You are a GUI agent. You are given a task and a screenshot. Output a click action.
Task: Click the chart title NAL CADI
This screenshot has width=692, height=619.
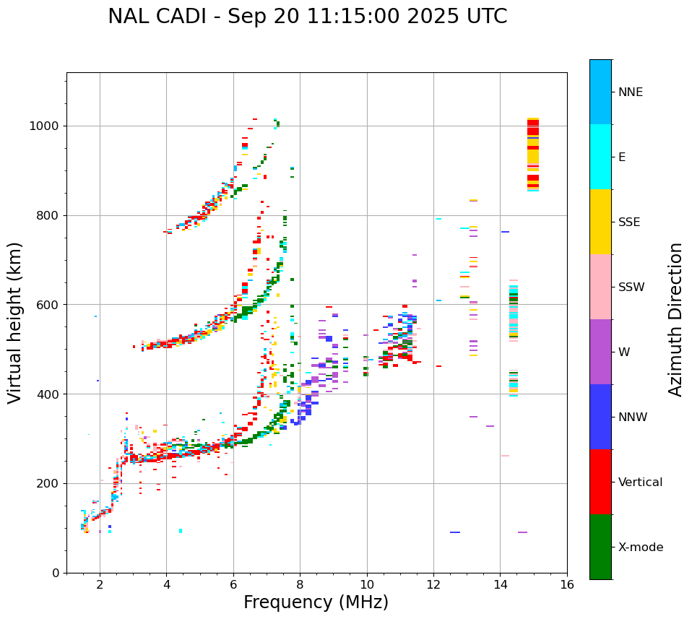tap(307, 17)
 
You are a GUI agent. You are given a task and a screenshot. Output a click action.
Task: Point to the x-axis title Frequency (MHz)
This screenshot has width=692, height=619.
tap(316, 602)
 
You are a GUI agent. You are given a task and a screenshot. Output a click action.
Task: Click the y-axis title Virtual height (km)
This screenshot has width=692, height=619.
tap(15, 323)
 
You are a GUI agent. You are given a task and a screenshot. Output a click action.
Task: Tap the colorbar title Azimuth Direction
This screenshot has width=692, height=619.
tap(675, 319)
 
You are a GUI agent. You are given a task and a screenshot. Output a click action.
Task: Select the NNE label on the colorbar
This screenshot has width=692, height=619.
tap(630, 92)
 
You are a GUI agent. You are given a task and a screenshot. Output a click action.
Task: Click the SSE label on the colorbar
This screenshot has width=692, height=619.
tap(628, 222)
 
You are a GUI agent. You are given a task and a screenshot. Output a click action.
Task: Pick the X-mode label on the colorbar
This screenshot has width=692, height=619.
tap(640, 547)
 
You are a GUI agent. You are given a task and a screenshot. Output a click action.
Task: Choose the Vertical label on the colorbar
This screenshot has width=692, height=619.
tap(640, 482)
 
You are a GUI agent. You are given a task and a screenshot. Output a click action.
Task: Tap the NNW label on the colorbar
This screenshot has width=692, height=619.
tap(633, 417)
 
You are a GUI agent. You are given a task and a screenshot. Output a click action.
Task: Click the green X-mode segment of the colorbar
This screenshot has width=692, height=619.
tap(600, 547)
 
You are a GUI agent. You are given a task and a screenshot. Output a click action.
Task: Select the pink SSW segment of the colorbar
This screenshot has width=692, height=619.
tap(600, 287)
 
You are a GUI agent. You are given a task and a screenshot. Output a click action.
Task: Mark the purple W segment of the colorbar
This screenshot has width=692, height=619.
tap(600, 352)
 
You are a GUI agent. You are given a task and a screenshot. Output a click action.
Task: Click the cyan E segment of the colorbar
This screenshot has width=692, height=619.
tap(600, 157)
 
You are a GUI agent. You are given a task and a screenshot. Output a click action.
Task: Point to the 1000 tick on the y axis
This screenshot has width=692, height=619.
tap(46, 126)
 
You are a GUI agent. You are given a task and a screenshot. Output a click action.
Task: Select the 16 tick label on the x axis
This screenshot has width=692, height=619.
tap(567, 584)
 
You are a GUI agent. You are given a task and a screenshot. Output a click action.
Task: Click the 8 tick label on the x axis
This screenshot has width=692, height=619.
tap(300, 584)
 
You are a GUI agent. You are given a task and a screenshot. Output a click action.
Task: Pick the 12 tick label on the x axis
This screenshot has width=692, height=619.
tap(433, 584)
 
